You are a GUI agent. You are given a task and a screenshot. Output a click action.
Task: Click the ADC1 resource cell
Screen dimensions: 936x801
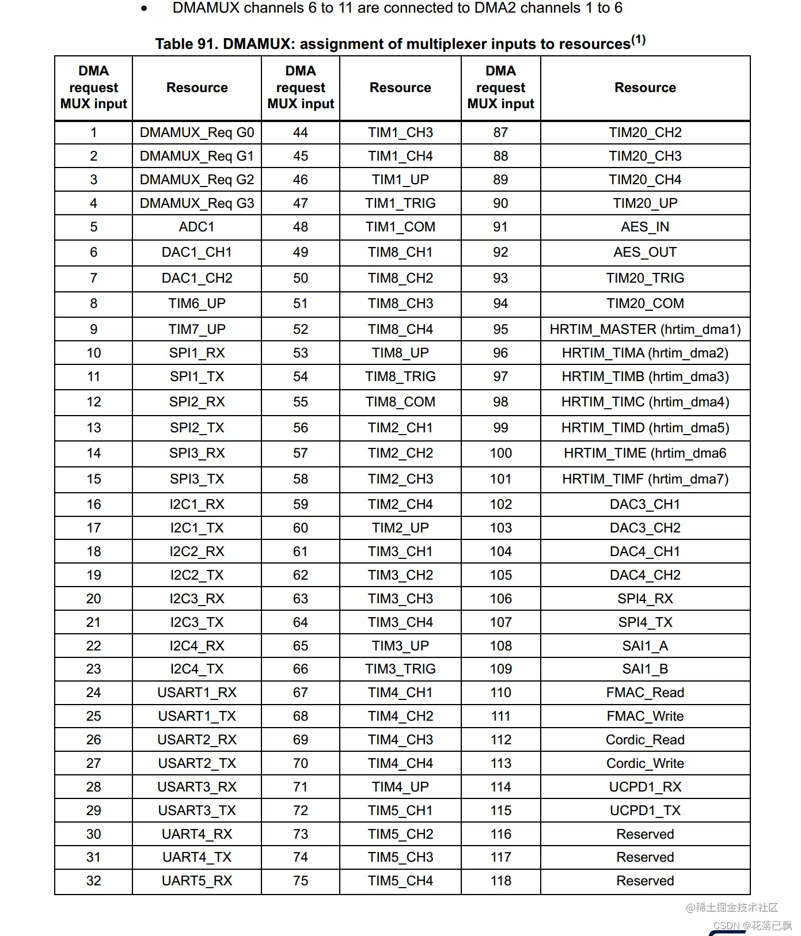click(196, 227)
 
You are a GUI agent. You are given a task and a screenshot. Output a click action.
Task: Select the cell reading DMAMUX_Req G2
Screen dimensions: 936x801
click(196, 180)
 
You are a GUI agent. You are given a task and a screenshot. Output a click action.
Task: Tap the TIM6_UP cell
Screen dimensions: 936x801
click(196, 303)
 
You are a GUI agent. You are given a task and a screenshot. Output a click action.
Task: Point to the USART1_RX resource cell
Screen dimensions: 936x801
click(196, 693)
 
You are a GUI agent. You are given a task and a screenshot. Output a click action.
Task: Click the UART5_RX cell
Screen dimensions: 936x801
click(196, 881)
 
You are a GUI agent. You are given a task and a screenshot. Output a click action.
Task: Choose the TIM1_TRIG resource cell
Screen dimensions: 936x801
click(400, 203)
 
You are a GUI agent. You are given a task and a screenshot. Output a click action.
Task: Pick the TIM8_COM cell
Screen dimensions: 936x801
click(400, 402)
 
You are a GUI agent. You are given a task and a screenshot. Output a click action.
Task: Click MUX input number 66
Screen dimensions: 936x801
click(301, 669)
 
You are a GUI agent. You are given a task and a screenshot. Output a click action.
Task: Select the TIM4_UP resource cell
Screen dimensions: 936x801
click(400, 787)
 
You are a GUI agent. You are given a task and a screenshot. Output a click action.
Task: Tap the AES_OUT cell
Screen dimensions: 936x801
click(645, 252)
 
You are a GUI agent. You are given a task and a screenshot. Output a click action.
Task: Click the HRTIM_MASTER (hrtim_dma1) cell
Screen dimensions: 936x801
click(645, 329)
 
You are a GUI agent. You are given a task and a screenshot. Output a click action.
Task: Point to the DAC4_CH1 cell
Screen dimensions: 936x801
click(645, 551)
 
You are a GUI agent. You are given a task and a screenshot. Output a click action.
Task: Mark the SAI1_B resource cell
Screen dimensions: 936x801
click(645, 669)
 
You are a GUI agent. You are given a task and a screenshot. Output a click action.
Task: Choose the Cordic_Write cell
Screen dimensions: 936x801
click(645, 763)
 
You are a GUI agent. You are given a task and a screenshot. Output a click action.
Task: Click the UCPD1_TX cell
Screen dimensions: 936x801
click(645, 811)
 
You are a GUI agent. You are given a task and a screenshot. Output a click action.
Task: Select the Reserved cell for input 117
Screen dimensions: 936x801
click(645, 857)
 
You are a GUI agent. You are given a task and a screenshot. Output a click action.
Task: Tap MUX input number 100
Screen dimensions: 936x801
click(500, 453)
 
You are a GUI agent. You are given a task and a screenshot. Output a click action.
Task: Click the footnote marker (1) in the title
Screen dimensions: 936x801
click(639, 40)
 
